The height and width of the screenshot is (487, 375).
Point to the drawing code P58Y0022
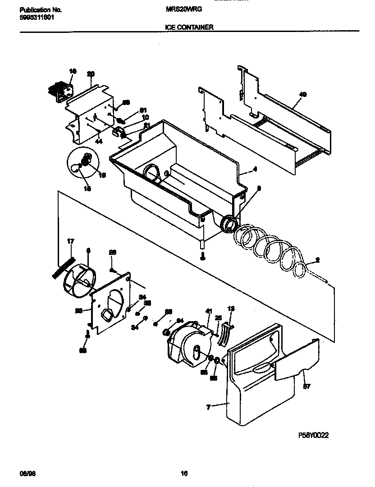pos(314,435)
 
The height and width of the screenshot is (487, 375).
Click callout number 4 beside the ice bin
pos(255,169)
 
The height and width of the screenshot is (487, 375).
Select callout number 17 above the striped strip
pos(70,242)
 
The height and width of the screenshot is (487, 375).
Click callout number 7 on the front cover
pos(208,407)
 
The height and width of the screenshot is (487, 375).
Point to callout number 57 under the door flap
pos(306,386)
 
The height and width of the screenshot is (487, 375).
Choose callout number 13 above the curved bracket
pos(231,309)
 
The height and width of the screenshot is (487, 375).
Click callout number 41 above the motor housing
pos(208,311)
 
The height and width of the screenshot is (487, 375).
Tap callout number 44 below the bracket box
pos(99,141)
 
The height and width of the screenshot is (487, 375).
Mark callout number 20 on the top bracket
pos(91,74)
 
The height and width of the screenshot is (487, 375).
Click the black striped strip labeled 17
pos(63,265)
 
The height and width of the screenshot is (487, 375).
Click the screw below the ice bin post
pos(203,256)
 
